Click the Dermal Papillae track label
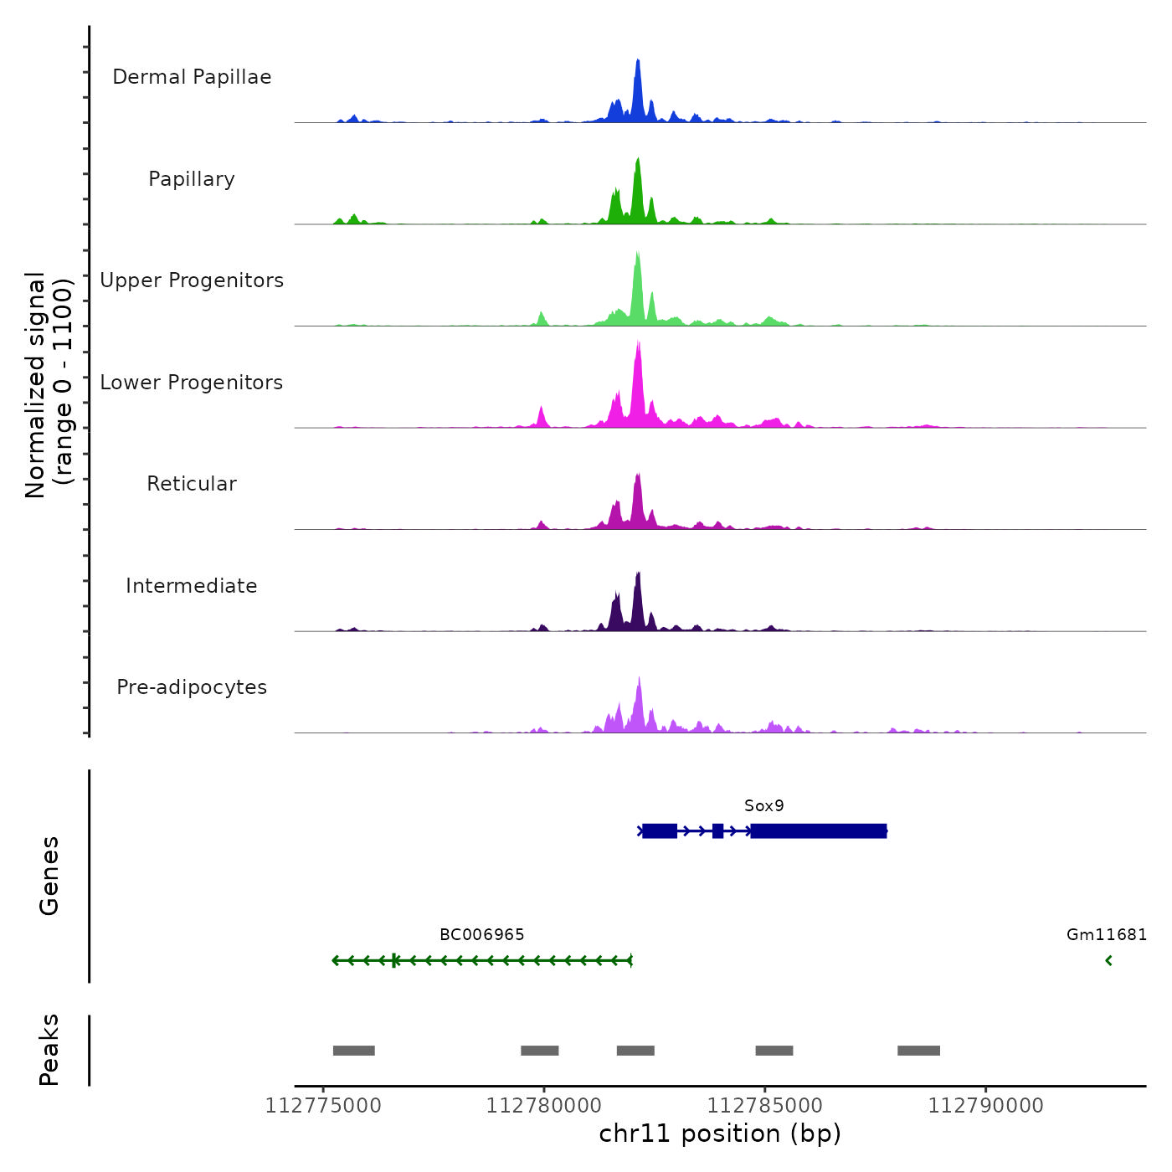[192, 77]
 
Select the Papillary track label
[192, 179]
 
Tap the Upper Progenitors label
[192, 280]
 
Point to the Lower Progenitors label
[192, 383]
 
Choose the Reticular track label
[192, 484]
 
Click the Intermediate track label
[192, 586]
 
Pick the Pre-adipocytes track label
[192, 687]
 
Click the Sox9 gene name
[764, 806]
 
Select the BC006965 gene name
[482, 935]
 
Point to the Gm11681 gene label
[1107, 935]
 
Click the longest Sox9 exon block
[819, 831]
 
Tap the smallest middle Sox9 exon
[717, 831]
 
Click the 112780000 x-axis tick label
[544, 1106]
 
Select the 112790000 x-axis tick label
[985, 1106]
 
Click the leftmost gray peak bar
[354, 1051]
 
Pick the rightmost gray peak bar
[918, 1051]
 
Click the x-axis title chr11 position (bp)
[720, 1134]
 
